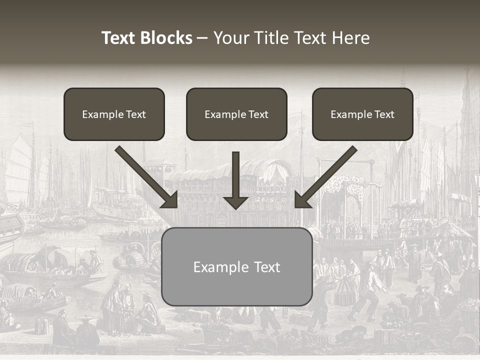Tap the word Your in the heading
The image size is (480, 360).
[x=231, y=38]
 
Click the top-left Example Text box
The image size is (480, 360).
[x=114, y=114]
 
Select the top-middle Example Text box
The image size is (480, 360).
[x=236, y=114]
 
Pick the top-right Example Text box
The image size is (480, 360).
[x=362, y=114]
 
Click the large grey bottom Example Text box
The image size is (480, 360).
[x=236, y=266]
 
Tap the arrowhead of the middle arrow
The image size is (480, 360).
[x=236, y=202]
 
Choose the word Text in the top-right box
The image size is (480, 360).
[x=384, y=114]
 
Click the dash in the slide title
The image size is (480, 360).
[x=202, y=38]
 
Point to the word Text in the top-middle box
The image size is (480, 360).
[x=258, y=114]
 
